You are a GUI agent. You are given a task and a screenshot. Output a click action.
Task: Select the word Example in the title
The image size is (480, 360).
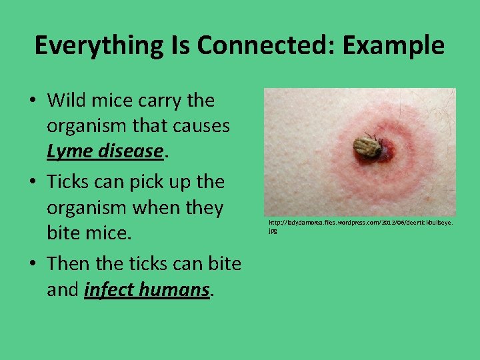pos(389,45)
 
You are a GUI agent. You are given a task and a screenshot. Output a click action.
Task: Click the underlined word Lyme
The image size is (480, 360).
pos(69,153)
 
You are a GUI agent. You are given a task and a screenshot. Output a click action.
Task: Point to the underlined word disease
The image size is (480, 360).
pos(129,153)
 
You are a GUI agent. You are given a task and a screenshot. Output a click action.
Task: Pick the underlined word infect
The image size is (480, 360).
pos(113,290)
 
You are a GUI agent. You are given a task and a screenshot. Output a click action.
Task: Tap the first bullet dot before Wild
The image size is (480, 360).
pos(33,101)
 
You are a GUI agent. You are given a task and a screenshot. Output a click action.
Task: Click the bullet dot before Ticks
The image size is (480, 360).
pos(33,183)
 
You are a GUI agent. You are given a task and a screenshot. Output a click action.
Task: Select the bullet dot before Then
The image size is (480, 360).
pos(33,264)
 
